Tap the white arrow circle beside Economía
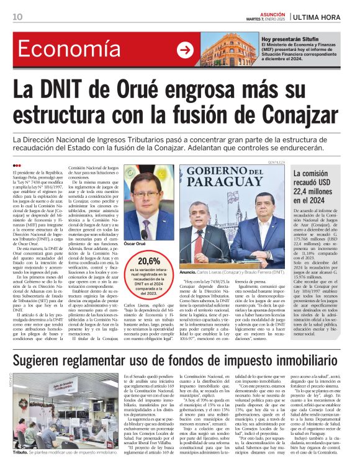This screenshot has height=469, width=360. tap(184, 51)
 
